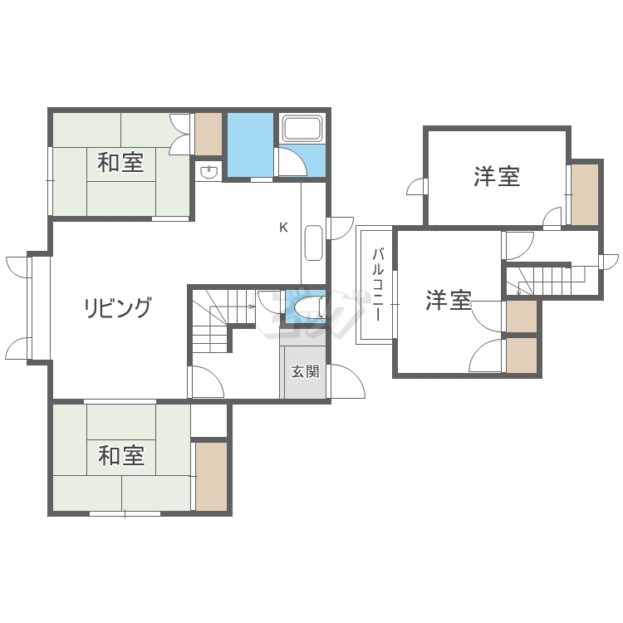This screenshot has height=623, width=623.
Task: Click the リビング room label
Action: pyautogui.click(x=118, y=308)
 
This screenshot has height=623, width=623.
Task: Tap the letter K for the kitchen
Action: pyautogui.click(x=283, y=228)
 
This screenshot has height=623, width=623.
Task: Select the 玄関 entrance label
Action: pyautogui.click(x=304, y=371)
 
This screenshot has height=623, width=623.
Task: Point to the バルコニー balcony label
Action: pyautogui.click(x=376, y=285)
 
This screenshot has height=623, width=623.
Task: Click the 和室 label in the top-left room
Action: pyautogui.click(x=120, y=162)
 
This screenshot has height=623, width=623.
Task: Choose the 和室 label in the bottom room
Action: pyautogui.click(x=121, y=455)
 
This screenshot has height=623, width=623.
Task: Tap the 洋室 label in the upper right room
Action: pyautogui.click(x=497, y=176)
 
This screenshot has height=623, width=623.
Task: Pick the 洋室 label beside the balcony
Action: pyautogui.click(x=449, y=300)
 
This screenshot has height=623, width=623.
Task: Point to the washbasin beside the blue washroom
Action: pyautogui.click(x=208, y=172)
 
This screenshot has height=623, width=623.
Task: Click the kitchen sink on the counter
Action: pyautogui.click(x=314, y=242)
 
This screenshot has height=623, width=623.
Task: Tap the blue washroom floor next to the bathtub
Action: pyautogui.click(x=250, y=145)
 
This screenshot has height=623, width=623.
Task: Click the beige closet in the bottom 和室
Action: pyautogui.click(x=211, y=476)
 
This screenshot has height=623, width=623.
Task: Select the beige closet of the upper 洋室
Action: pyautogui.click(x=585, y=194)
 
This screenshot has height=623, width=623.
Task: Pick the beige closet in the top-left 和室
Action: pyautogui.click(x=208, y=133)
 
